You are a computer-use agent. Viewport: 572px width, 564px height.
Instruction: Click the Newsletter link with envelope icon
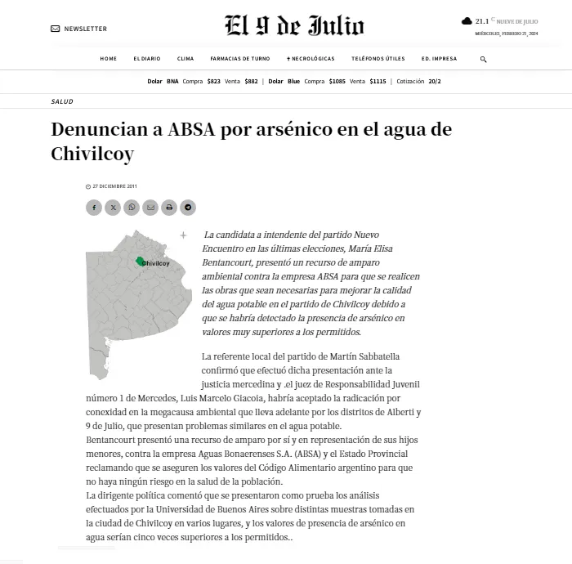point(79,29)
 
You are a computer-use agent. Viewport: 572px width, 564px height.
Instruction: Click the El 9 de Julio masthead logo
point(294,27)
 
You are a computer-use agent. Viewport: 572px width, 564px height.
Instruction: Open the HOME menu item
point(109,59)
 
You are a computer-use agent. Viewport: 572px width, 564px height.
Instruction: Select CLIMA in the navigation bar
point(185,59)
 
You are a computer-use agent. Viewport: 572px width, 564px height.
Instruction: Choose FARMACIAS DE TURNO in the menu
point(239,59)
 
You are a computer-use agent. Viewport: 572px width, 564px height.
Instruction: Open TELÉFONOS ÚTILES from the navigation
point(378,59)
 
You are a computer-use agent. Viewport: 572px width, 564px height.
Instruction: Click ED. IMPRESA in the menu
point(439,59)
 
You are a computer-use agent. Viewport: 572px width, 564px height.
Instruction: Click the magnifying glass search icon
point(483,59)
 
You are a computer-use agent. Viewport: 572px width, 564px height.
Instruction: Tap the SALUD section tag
point(62,101)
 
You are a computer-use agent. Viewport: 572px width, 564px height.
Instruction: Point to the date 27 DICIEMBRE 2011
point(114,186)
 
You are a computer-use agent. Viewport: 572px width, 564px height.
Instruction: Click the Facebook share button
point(94,208)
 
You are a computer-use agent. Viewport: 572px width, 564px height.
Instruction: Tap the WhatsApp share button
point(132,208)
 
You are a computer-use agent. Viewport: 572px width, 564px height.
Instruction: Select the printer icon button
point(169,208)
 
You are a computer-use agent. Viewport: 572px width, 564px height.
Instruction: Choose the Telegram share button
point(188,208)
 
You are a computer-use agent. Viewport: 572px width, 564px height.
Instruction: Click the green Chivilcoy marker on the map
point(141,262)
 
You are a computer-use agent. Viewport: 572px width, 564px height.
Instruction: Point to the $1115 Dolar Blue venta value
point(378,82)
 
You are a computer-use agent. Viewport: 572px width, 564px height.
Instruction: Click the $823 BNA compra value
point(213,82)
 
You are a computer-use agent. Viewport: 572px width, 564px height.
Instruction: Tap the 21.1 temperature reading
point(481,21)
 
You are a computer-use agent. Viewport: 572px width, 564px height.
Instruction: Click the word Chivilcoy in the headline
point(92,154)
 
